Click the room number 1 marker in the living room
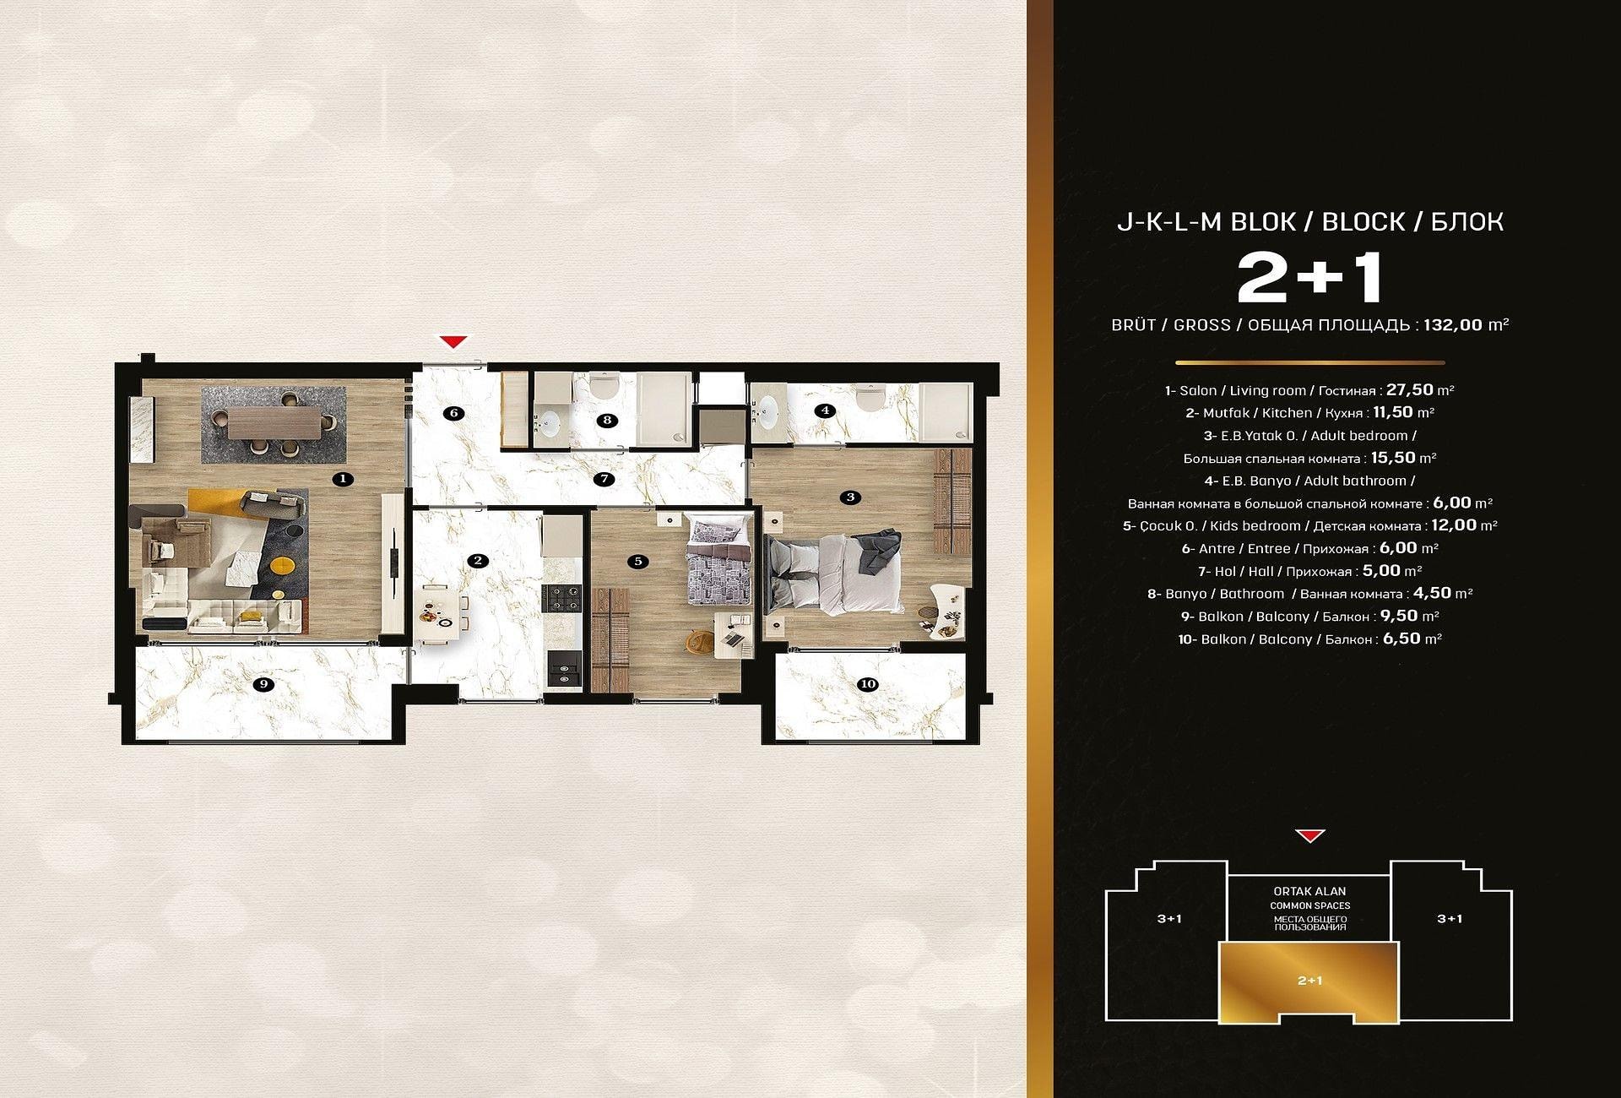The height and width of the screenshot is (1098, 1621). [x=342, y=479]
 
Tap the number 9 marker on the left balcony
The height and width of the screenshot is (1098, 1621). [x=264, y=684]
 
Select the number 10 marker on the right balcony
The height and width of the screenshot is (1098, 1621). [x=867, y=684]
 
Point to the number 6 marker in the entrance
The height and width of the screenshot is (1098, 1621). [x=453, y=413]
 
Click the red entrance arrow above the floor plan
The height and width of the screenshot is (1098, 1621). [x=454, y=341]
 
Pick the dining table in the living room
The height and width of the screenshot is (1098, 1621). [x=273, y=421]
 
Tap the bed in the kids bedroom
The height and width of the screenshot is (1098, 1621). [x=718, y=562]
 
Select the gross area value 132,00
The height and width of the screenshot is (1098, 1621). [x=1453, y=324]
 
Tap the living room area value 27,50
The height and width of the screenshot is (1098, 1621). [x=1410, y=390]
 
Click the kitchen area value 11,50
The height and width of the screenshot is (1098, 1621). [x=1391, y=412]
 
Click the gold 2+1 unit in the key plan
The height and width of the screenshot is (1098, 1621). [x=1309, y=980]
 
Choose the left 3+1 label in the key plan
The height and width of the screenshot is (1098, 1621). [x=1169, y=919]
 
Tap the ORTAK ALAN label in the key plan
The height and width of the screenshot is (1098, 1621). [x=1309, y=891]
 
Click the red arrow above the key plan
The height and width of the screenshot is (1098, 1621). [x=1309, y=836]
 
